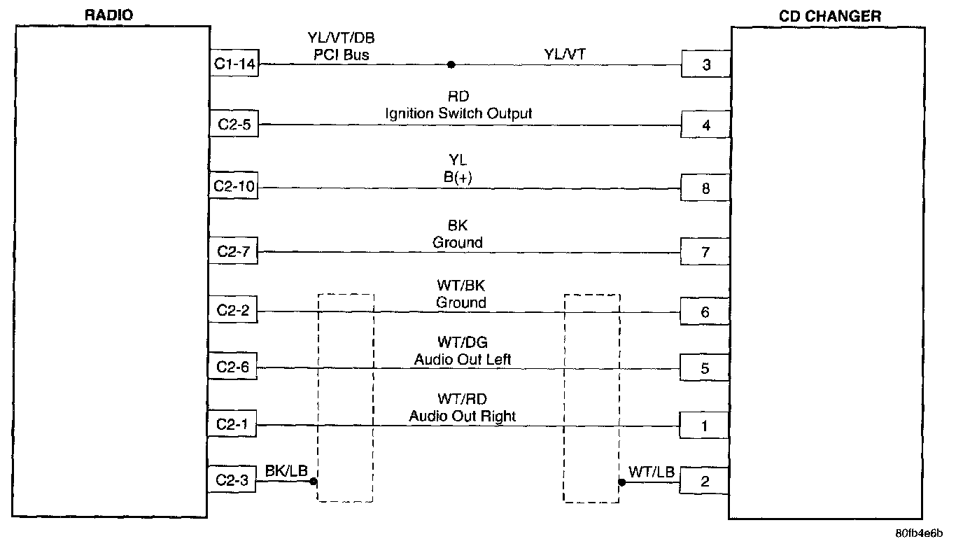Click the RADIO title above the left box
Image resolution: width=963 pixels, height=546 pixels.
[x=108, y=15]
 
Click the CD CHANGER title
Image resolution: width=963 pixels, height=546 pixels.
[x=830, y=16]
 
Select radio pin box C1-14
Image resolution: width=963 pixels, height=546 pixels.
[x=234, y=63]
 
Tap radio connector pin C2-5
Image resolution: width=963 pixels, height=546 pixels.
[x=234, y=124]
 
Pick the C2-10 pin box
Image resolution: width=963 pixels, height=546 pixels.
[x=234, y=185]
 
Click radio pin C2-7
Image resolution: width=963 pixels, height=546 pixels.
[x=234, y=251]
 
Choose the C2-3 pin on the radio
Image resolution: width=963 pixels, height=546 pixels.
[x=232, y=479]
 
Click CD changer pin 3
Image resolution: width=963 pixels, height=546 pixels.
[x=706, y=64]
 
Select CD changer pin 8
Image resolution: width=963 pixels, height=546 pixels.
[x=705, y=188]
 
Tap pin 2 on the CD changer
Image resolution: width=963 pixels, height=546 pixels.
[x=704, y=481]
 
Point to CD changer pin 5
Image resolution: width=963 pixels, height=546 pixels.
[x=705, y=368]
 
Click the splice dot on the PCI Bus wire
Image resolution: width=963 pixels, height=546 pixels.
[x=451, y=64]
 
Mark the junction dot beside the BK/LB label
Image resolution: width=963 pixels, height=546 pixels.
[x=314, y=482]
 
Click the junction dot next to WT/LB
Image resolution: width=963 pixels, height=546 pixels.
[x=621, y=482]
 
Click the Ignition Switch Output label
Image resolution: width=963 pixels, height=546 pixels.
[x=458, y=113]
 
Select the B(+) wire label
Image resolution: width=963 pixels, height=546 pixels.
[x=458, y=177]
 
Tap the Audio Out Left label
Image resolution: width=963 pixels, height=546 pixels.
[x=462, y=359]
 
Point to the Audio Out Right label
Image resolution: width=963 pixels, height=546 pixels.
[x=462, y=416]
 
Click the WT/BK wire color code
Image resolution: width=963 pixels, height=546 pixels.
[x=461, y=286]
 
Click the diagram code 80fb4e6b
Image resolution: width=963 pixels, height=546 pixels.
[x=919, y=533]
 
